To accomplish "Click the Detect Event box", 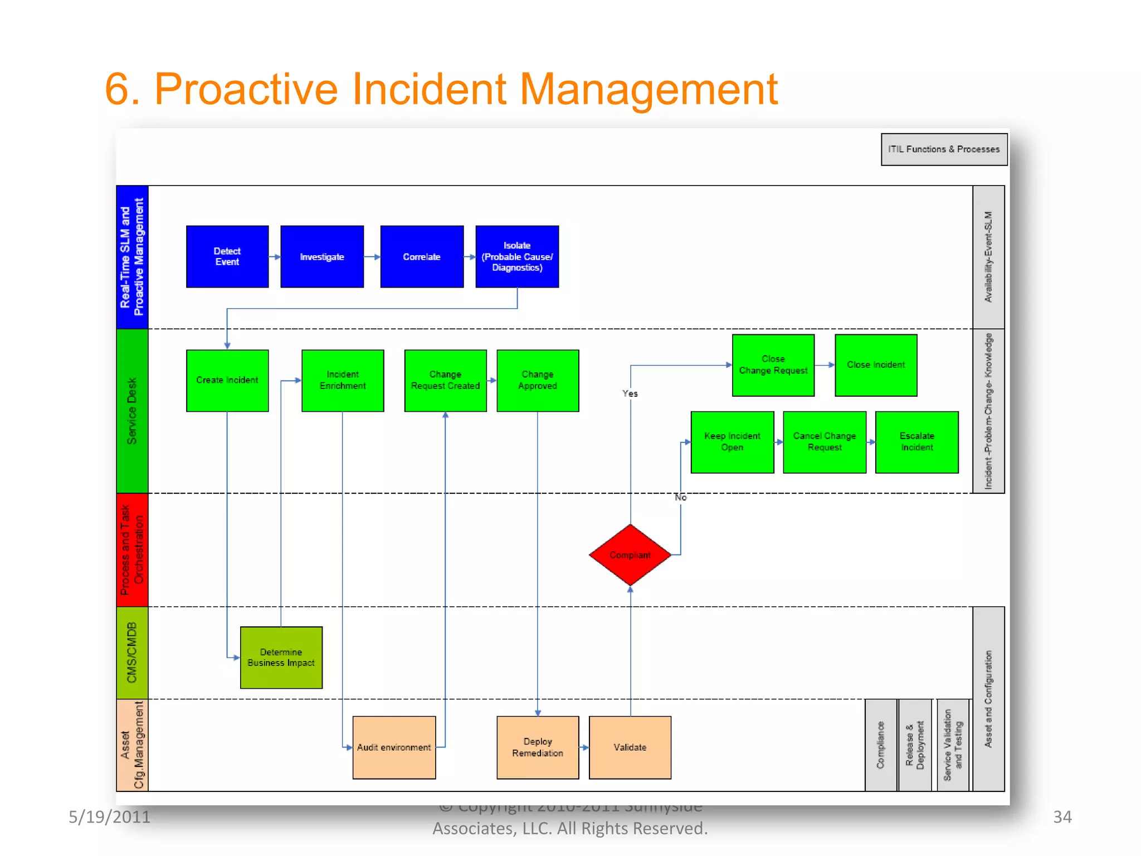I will tap(227, 256).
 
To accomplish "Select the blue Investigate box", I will tap(322, 256).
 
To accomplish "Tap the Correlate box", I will tap(422, 256).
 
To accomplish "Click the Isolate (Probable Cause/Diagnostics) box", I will tap(517, 256).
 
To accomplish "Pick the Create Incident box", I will tap(227, 381).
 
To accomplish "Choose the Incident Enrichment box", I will tap(343, 381).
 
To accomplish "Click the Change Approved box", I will tap(538, 381).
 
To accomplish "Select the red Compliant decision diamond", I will tap(630, 555).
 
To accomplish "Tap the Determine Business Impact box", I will tap(281, 658).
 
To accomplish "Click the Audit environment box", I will tap(394, 747).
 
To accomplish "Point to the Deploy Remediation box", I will tap(538, 747).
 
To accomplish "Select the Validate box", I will tap(630, 747).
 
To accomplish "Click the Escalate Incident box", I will tap(917, 442).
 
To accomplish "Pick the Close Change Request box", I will tap(773, 365).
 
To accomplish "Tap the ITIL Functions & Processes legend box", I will tap(944, 149).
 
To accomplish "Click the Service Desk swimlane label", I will tap(132, 411).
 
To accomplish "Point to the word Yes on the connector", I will tap(630, 393).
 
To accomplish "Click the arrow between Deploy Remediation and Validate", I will tap(584, 747).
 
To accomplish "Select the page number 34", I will tap(1062, 817).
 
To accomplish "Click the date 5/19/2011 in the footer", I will tap(110, 817).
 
